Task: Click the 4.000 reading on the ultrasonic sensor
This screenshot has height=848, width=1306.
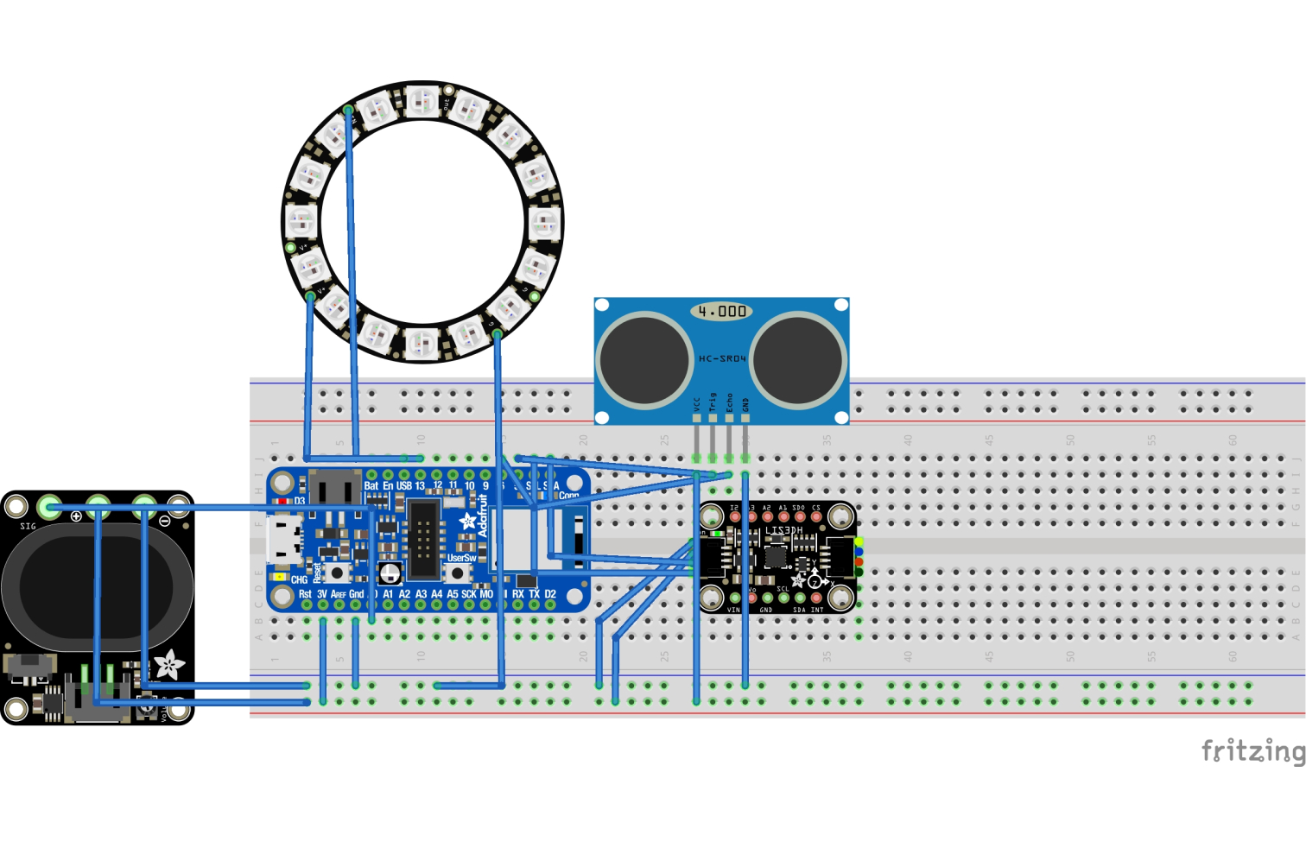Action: pos(722,311)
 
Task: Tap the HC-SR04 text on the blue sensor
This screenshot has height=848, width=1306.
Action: pos(722,358)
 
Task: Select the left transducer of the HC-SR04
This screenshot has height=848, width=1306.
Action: pos(644,360)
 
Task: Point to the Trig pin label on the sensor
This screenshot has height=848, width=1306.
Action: pos(713,402)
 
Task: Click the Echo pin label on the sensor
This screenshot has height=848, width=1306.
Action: pos(729,402)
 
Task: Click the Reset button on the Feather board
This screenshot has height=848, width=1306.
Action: pos(335,572)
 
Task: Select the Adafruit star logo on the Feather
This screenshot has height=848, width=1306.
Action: pos(467,521)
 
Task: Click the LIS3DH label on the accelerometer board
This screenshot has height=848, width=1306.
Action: pos(783,531)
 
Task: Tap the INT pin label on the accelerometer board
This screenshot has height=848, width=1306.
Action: pos(817,610)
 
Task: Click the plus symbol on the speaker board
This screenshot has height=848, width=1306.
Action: pos(76,516)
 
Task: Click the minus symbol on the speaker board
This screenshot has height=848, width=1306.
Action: pos(165,520)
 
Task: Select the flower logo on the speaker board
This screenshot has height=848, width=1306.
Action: pos(168,665)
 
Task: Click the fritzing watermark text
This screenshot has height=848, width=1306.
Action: pos(1252,750)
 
